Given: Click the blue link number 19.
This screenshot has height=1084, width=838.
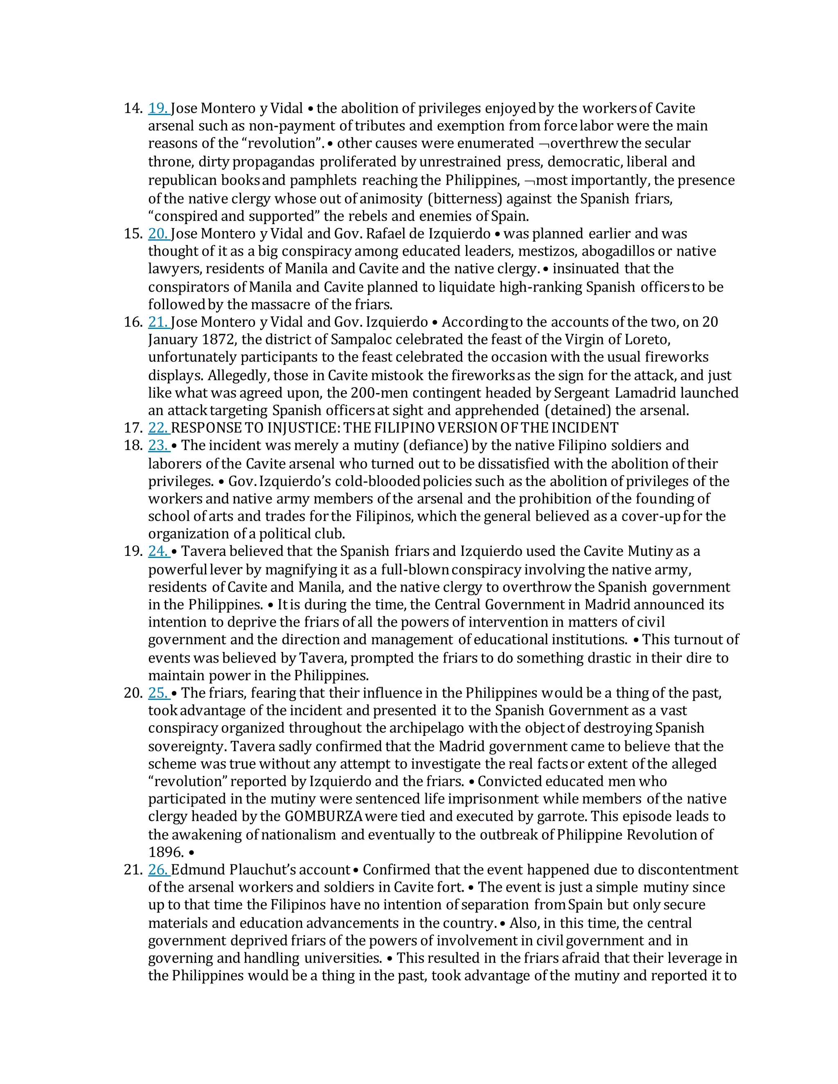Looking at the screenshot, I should point(158,108).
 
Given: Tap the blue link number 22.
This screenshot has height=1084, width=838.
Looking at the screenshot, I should point(158,427).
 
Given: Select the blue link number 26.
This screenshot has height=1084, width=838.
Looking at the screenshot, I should point(158,870).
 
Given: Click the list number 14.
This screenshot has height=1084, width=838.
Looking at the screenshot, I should point(133,108).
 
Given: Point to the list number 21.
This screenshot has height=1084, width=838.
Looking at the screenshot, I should point(133,870).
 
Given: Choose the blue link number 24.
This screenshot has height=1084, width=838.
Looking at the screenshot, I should point(158,551).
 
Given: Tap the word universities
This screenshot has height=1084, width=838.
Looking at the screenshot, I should point(343,958).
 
